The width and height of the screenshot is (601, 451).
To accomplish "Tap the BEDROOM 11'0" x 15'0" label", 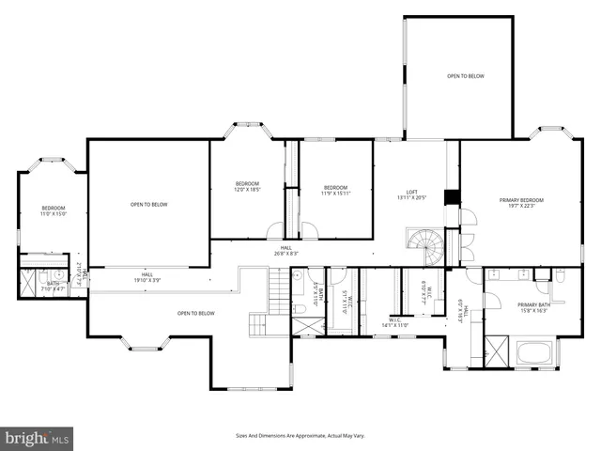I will click(x=54, y=210).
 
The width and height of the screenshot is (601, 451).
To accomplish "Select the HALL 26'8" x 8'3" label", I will click(x=286, y=250).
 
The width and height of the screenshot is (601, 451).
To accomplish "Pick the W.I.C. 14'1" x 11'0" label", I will click(x=392, y=322).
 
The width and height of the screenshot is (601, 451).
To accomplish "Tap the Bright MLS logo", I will click(x=38, y=437).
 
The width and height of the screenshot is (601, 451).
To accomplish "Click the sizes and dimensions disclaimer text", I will click(x=300, y=435).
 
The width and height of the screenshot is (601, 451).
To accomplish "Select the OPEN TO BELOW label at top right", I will click(x=465, y=76).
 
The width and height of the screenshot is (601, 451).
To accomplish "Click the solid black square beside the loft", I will click(x=451, y=197).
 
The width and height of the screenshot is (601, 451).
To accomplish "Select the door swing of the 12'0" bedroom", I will click(x=273, y=230).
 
